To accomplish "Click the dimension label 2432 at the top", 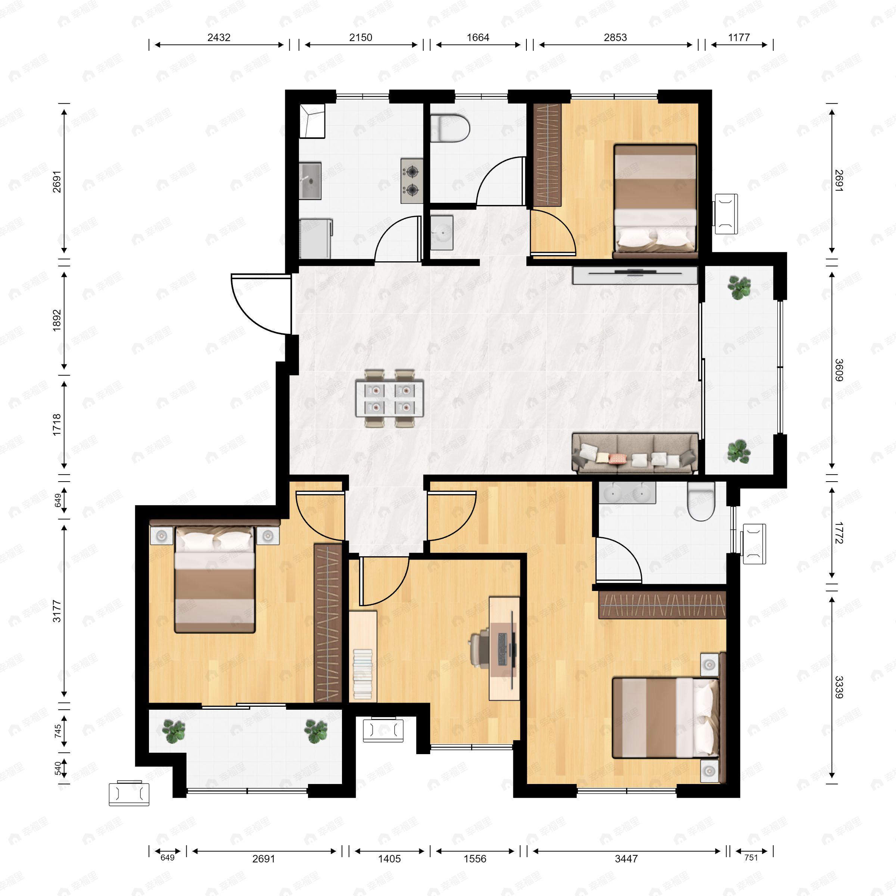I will [218, 38].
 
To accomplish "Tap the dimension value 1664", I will [478, 38].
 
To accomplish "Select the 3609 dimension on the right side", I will [839, 370].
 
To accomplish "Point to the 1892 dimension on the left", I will [57, 320].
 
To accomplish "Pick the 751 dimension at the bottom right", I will [750, 858].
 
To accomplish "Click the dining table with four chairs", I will [389, 398].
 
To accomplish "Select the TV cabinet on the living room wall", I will [634, 275].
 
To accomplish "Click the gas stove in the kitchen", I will [412, 181].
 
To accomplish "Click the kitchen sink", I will [310, 180].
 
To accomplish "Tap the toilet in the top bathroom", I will [450, 128].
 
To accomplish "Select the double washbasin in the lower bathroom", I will [627, 492].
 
